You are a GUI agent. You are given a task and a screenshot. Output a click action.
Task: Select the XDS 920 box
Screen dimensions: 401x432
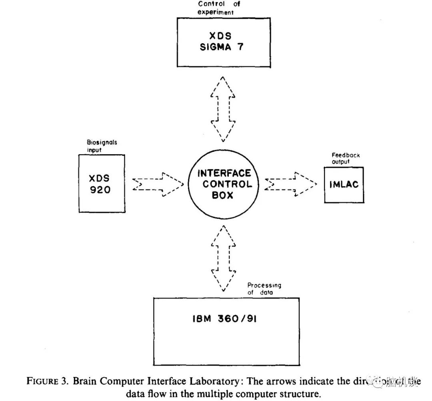pyautogui.click(x=102, y=184)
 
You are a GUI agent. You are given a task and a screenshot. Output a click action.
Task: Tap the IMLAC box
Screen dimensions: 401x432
pyautogui.click(x=344, y=185)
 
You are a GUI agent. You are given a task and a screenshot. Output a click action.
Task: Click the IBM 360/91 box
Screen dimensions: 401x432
pyautogui.click(x=226, y=331)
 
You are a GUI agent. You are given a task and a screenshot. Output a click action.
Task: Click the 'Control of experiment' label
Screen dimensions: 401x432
pyautogui.click(x=216, y=8)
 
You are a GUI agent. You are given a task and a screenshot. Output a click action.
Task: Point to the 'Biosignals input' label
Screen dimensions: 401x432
pyautogui.click(x=102, y=146)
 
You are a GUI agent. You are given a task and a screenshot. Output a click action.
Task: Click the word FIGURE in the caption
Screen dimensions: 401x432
pyautogui.click(x=42, y=381)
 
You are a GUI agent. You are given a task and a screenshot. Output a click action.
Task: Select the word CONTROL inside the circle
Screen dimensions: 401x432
pyautogui.click(x=227, y=184)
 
